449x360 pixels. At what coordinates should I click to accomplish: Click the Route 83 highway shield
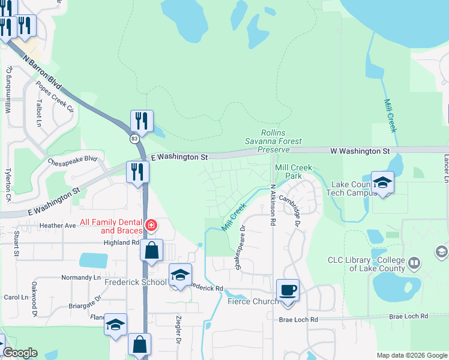(x=133, y=138)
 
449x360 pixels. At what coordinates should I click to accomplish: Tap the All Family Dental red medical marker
(x=152, y=226)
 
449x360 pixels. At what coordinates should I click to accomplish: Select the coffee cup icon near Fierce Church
(x=288, y=290)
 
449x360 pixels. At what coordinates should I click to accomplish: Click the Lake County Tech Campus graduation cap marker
(x=382, y=182)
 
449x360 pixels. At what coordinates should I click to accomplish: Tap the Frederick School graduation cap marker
(x=179, y=275)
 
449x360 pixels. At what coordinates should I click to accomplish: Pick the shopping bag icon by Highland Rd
(x=152, y=250)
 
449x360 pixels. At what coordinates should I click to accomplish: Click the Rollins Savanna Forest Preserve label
(x=274, y=141)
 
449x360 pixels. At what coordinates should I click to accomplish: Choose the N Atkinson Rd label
(x=273, y=205)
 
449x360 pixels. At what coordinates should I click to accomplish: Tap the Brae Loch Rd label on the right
(x=408, y=316)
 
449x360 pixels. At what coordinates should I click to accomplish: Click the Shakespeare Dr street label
(x=242, y=248)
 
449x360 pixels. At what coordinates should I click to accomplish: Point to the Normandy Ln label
(x=81, y=278)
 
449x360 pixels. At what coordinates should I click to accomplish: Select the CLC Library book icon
(x=414, y=263)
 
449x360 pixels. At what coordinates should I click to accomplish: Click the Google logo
(x=20, y=353)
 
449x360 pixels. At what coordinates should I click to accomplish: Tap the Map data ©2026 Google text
(x=412, y=355)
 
